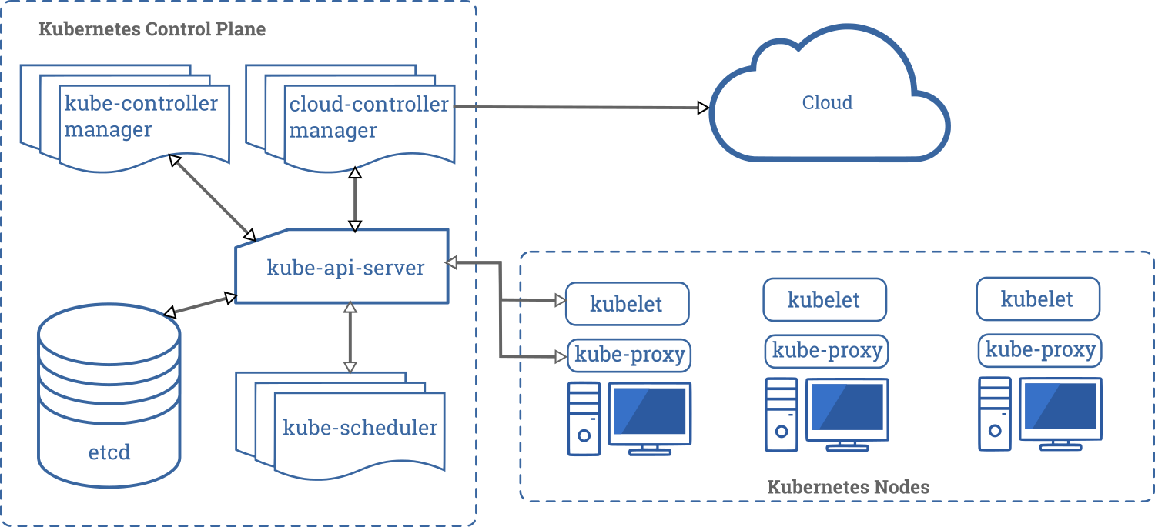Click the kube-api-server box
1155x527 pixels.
(x=343, y=267)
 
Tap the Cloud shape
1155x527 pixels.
(x=828, y=103)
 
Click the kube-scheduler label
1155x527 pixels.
(x=360, y=428)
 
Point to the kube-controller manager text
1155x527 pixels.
(x=141, y=116)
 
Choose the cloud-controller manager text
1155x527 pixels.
(x=368, y=117)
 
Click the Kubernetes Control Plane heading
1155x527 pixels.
(x=152, y=30)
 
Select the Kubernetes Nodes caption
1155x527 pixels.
(x=848, y=487)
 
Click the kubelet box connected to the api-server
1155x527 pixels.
(x=627, y=303)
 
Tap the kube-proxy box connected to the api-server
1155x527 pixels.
(x=630, y=355)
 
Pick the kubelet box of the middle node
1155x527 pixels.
(x=824, y=299)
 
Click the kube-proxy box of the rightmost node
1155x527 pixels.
(x=1040, y=351)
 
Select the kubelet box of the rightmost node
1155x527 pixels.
(x=1037, y=299)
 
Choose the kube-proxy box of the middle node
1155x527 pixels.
(x=827, y=351)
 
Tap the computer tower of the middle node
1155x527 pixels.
(x=781, y=414)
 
